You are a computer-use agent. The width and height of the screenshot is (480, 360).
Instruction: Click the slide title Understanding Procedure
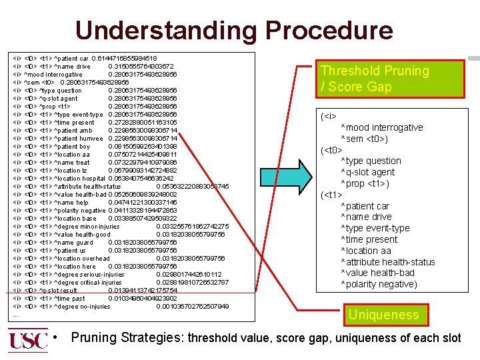click(x=234, y=30)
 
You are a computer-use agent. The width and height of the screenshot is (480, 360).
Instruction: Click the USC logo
click(x=29, y=341)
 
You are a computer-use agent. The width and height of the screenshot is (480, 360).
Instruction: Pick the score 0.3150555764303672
click(x=142, y=67)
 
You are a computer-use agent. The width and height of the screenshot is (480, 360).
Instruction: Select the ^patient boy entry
click(x=71, y=147)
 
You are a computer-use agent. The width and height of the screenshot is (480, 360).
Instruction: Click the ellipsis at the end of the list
click(x=16, y=315)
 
